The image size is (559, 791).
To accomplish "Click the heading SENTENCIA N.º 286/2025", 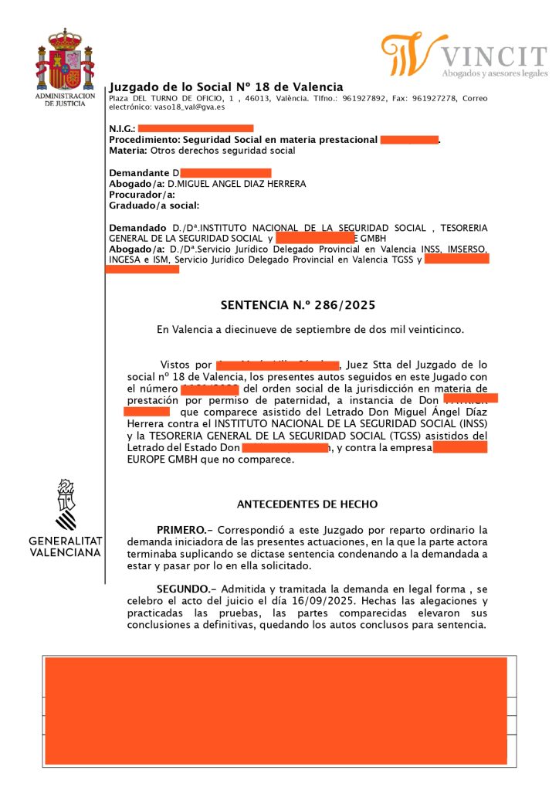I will click(297, 305).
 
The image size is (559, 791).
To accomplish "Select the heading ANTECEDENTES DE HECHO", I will click(307, 504).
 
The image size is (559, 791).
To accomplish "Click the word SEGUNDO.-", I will click(185, 588).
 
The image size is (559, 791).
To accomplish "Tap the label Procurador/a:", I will click(137, 195).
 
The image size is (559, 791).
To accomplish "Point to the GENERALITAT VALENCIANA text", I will click(66, 546).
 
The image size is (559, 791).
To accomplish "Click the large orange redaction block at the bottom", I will click(276, 710).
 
